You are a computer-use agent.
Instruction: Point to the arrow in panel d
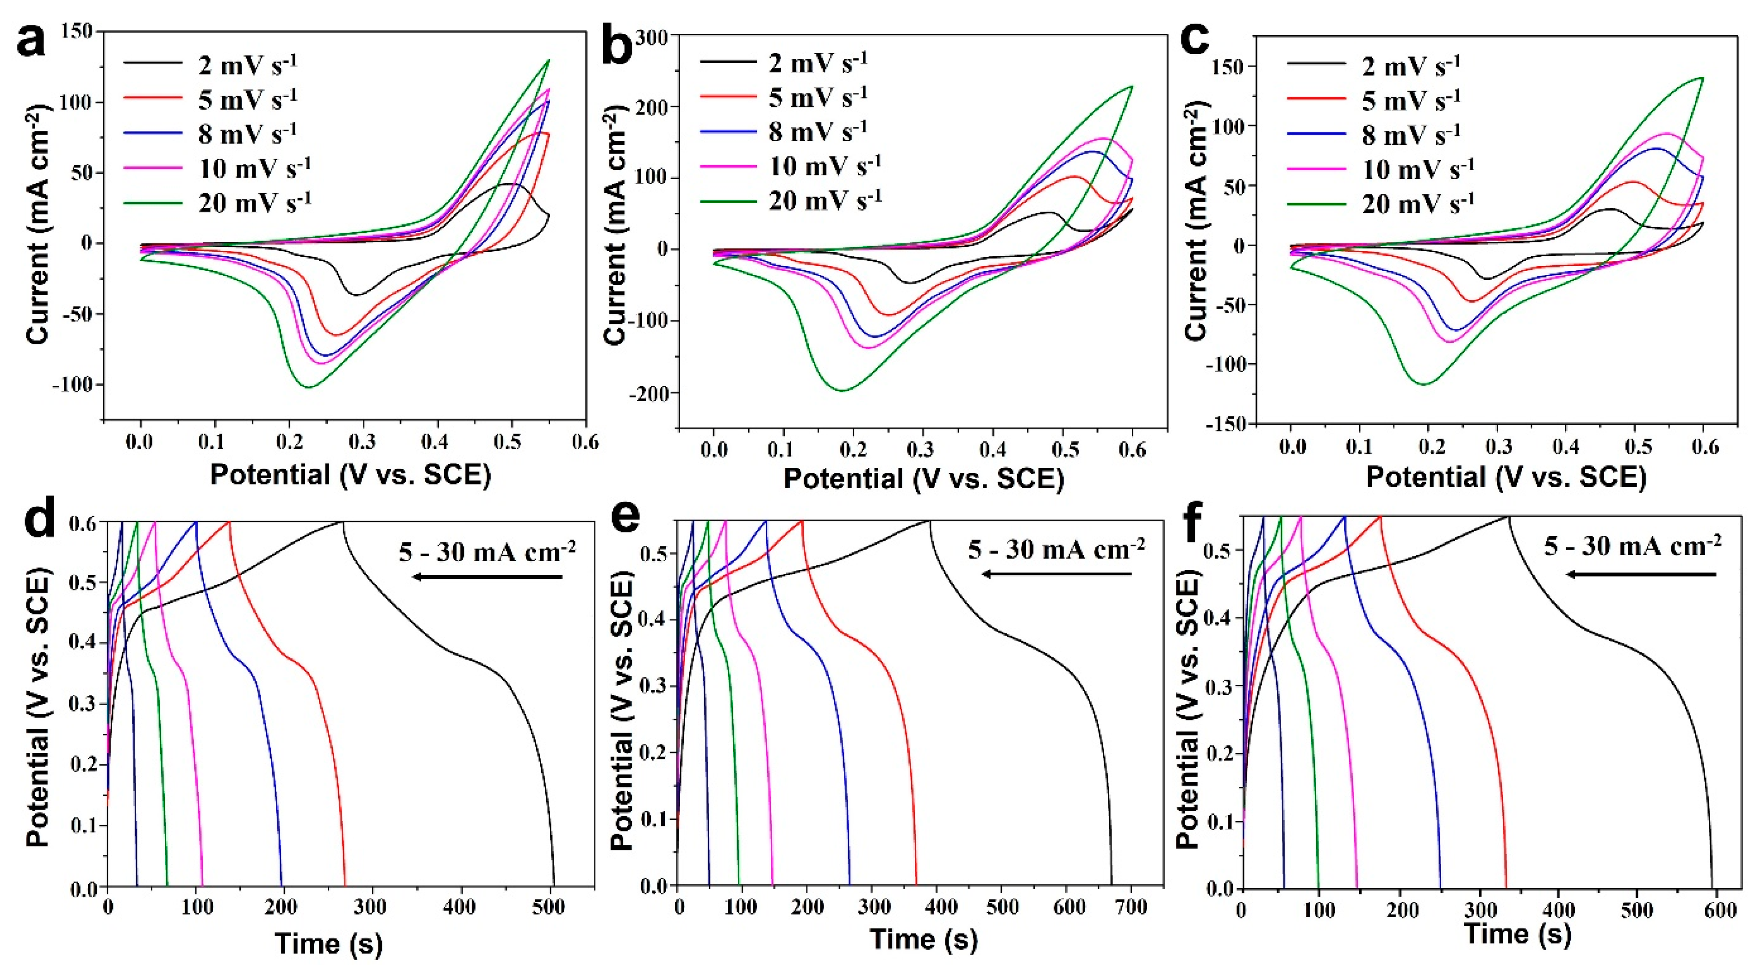(487, 577)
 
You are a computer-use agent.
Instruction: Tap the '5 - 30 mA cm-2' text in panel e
(1056, 549)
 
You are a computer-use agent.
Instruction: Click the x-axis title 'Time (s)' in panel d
(329, 944)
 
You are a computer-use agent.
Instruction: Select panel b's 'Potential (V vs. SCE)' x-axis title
(923, 478)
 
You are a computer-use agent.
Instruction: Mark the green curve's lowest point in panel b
(843, 390)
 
